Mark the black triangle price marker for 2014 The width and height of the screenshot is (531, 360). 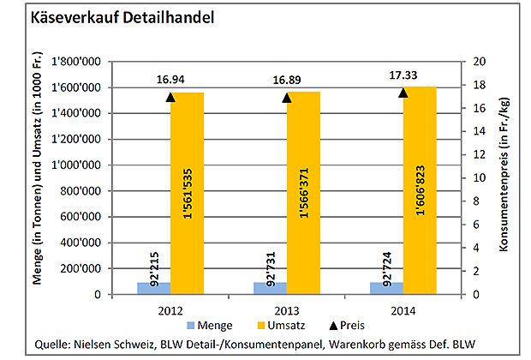403,93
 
